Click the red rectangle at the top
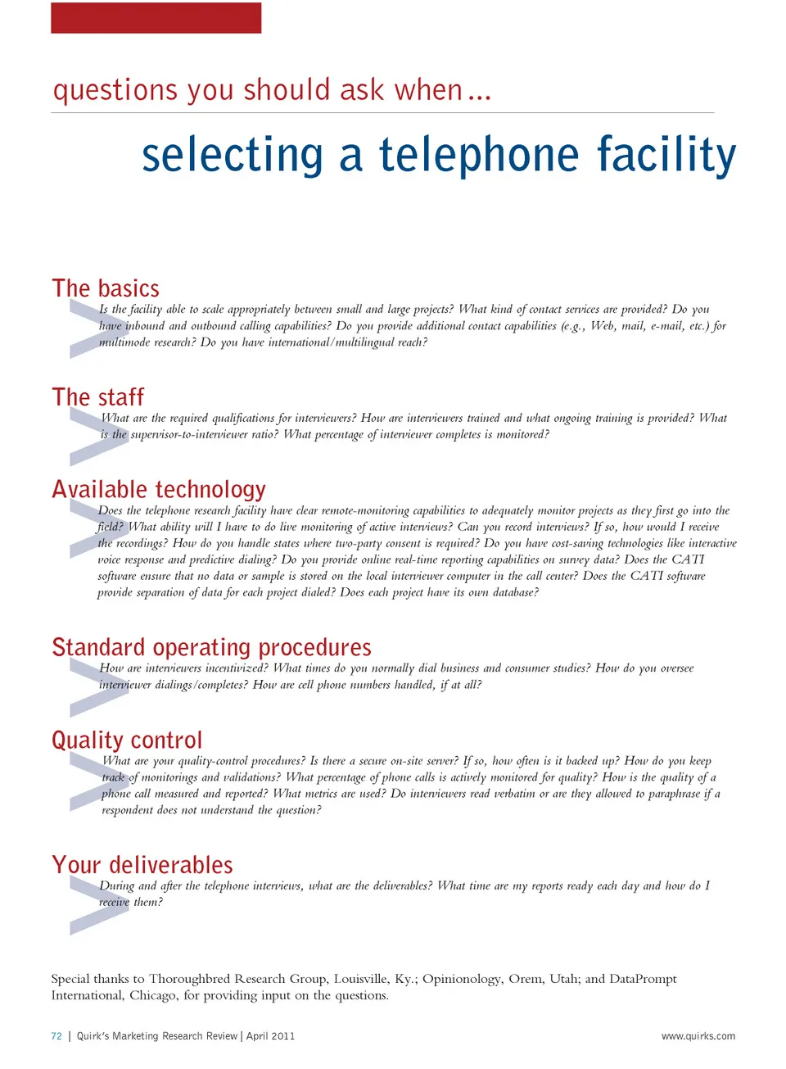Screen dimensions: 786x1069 156,18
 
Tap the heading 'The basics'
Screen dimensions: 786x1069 106,288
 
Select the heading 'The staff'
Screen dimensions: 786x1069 97,396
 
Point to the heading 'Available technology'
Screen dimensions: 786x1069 159,490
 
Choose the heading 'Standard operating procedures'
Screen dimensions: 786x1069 211,648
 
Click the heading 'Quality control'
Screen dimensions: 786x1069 127,741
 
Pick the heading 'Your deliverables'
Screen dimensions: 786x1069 142,864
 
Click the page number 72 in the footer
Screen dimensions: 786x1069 56,1036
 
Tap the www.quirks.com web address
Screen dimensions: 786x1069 698,1036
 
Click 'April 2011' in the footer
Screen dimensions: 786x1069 270,1036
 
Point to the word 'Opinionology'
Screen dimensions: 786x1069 462,980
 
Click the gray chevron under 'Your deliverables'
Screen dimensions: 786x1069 99,905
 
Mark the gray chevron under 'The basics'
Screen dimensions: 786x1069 99,328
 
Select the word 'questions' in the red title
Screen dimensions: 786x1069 115,91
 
